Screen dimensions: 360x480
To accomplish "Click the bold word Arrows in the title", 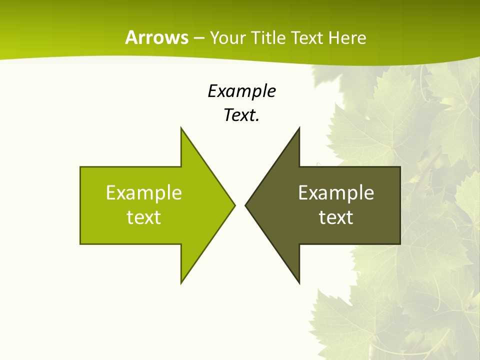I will click(156, 37).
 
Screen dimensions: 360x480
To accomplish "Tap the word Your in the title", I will click(229, 37).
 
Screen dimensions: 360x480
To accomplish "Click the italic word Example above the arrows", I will click(242, 91).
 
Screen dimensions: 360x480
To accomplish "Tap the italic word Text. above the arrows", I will click(242, 115).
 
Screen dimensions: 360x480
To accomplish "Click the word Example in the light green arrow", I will click(144, 192).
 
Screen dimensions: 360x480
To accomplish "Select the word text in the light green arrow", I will click(144, 217).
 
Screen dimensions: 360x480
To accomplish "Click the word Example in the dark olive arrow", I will click(336, 192).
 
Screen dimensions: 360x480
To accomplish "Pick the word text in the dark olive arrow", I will click(336, 217).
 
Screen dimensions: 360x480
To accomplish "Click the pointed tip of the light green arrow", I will click(234, 205).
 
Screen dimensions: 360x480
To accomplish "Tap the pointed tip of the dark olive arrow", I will click(246, 205).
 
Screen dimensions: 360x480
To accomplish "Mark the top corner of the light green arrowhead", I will click(181, 128).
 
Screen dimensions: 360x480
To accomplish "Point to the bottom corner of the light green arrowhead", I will click(181, 282).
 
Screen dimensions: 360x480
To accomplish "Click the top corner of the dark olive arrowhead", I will click(299, 128).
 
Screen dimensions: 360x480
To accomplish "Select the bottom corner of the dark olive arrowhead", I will click(299, 282).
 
